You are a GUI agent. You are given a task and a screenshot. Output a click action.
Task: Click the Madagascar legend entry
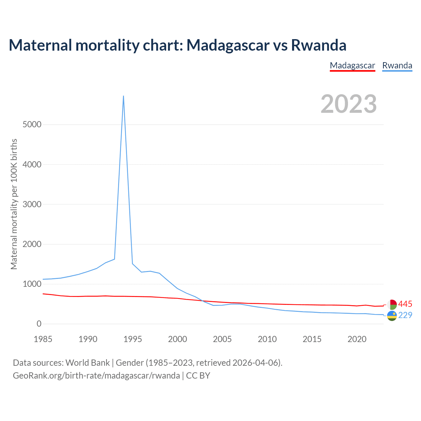[x=352, y=65]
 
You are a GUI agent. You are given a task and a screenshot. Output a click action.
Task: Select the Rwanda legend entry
[x=397, y=65]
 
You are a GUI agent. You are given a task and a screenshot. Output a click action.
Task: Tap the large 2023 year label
[x=349, y=104]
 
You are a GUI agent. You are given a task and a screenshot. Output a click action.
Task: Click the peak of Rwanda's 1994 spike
[x=123, y=96]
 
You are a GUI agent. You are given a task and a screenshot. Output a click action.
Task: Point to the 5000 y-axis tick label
[x=32, y=124]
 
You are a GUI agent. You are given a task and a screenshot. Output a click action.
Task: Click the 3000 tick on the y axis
[x=32, y=204]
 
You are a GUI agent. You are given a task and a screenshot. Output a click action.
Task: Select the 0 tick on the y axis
[x=39, y=324]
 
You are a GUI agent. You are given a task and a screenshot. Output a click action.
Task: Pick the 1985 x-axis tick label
[x=43, y=339]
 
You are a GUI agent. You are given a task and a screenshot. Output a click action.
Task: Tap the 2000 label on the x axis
[x=178, y=339]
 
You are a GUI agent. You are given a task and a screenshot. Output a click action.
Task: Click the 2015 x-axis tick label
[x=312, y=339]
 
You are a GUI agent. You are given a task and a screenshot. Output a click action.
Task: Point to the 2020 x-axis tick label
[x=357, y=339]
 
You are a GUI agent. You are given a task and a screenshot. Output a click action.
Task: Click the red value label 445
[x=405, y=304]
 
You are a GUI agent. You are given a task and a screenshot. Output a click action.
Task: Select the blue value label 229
[x=405, y=315]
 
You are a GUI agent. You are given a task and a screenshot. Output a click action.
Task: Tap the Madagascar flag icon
[x=392, y=305]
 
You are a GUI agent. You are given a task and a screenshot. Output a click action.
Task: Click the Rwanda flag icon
[x=392, y=316]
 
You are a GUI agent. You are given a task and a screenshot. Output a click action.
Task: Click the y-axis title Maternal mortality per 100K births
[x=14, y=204]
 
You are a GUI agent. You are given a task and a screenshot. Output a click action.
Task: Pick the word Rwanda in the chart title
[x=319, y=45]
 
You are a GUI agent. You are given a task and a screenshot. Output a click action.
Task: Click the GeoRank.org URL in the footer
[x=96, y=375]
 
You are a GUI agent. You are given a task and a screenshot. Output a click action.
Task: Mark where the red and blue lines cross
[x=202, y=300]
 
